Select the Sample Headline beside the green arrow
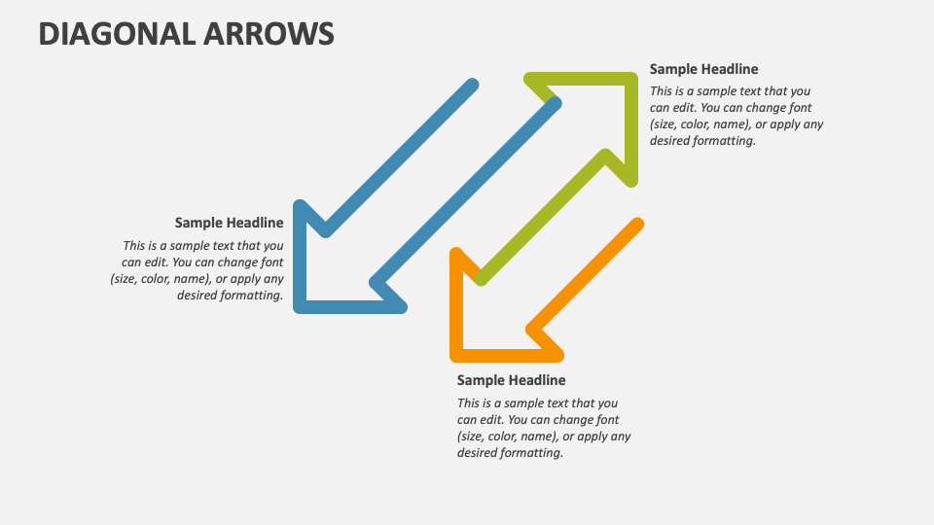(x=703, y=69)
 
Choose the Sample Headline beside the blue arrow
(x=229, y=223)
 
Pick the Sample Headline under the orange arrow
(x=511, y=380)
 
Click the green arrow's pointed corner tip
(x=631, y=79)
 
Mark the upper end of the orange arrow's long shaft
(x=637, y=226)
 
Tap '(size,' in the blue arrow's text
(x=126, y=279)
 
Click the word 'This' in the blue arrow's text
(x=134, y=246)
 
